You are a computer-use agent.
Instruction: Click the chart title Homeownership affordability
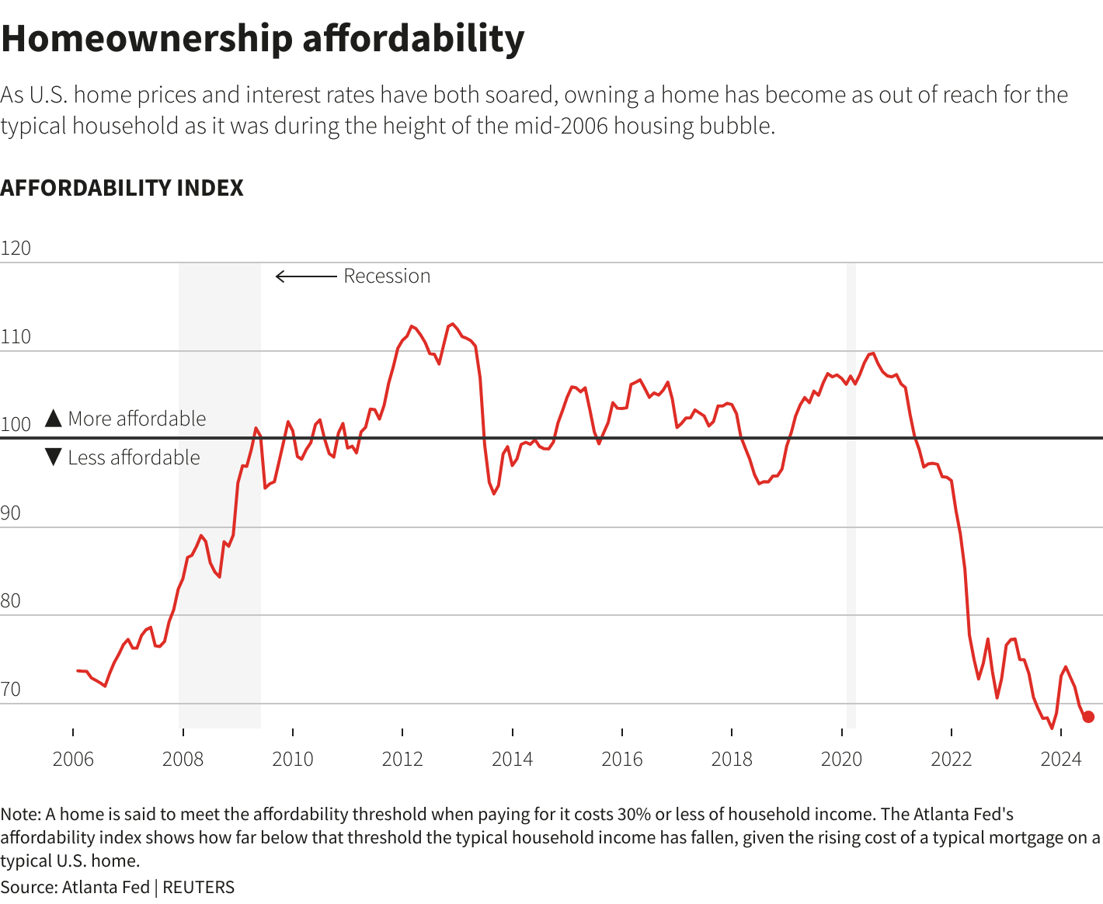(263, 39)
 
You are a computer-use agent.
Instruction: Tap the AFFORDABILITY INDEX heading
(122, 188)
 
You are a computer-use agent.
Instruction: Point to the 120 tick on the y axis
(16, 249)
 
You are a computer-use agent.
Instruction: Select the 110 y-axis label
(16, 337)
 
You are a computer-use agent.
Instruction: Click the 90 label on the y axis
(11, 513)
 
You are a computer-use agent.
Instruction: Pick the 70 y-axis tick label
(11, 690)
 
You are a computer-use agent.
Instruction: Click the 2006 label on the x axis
(73, 760)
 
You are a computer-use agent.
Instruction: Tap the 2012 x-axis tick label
(402, 760)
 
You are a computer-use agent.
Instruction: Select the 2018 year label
(732, 760)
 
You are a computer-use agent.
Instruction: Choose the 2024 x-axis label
(1061, 760)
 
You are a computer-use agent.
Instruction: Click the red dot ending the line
(1088, 717)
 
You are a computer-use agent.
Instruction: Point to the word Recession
(387, 276)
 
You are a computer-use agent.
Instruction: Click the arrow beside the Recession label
(306, 276)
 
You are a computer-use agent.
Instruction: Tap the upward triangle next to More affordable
(53, 419)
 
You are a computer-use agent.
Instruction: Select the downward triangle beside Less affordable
(53, 457)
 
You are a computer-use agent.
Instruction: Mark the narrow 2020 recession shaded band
(851, 497)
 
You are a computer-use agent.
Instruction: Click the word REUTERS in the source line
(198, 887)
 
